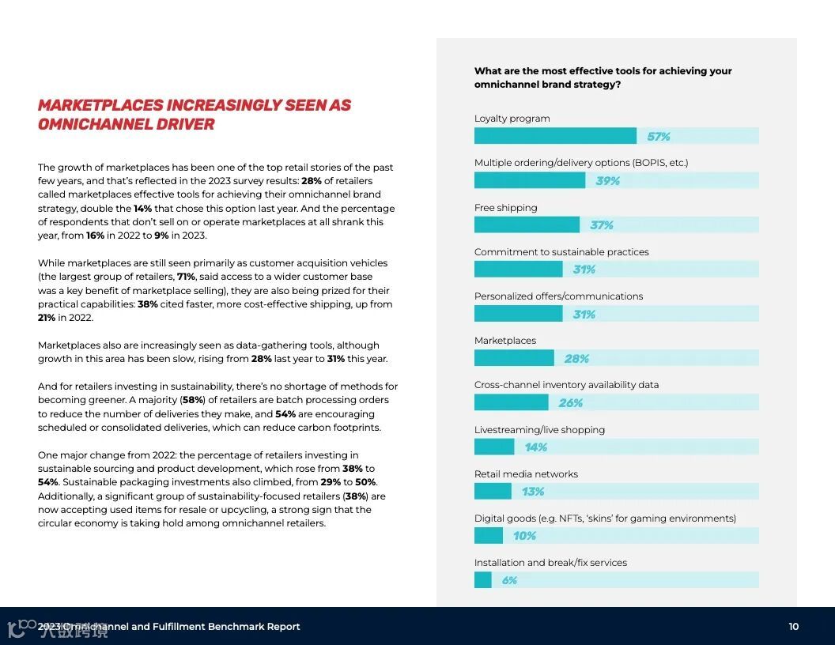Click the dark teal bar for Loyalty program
coord(555,136)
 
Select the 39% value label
coord(607,181)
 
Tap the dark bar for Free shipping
coord(527,225)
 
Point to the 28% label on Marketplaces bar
coord(576,359)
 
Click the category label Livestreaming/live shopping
coord(539,430)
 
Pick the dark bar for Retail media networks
coord(493,492)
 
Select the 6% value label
coord(509,580)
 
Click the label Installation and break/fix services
coord(550,563)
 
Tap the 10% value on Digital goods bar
coord(524,536)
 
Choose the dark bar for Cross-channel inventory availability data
coord(511,403)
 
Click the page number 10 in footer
coord(793,627)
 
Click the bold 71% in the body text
coord(186,277)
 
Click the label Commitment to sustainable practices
coord(561,252)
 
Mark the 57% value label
coord(658,137)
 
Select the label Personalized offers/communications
coord(558,296)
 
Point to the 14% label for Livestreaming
coord(535,447)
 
